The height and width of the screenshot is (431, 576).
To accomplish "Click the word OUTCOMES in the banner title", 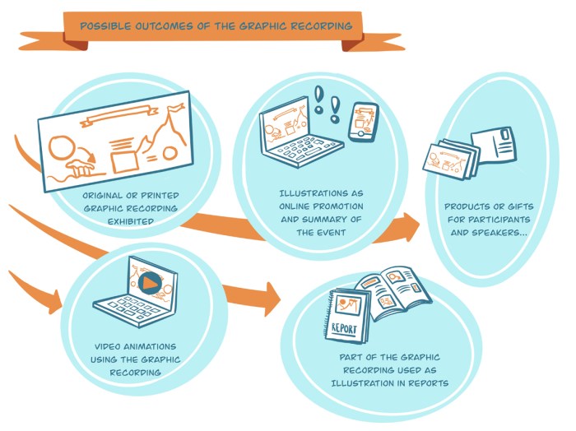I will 154,26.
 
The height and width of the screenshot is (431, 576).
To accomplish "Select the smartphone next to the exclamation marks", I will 362,123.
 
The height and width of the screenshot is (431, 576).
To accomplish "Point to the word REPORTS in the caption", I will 422,382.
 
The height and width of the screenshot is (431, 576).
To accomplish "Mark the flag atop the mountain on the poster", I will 174,108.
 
